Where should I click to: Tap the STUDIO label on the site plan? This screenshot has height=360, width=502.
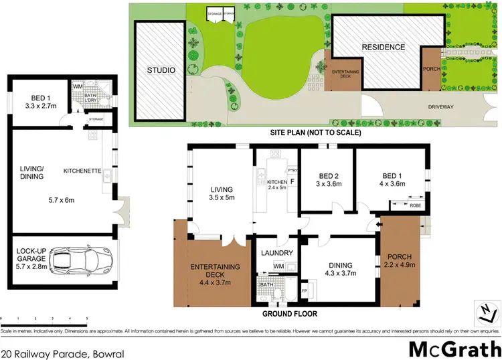pos(161,70)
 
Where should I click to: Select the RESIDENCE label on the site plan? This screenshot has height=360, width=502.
pos(384,47)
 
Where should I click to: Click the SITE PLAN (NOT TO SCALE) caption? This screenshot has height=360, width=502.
pos(315,133)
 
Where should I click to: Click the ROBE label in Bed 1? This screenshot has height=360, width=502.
pos(415,205)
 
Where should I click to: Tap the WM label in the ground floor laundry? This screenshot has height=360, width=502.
pos(279,267)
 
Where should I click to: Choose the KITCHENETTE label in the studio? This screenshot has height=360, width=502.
pos(82,171)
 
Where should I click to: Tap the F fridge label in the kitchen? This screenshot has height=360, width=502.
pos(292,181)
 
